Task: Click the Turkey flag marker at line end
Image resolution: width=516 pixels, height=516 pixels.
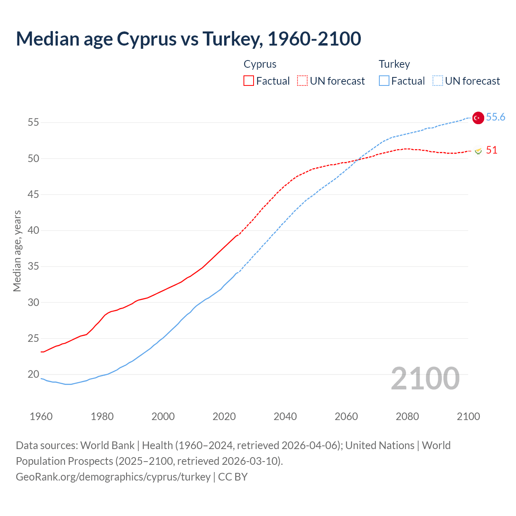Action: click(x=478, y=118)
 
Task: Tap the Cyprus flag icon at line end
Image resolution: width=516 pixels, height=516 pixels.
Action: click(x=478, y=151)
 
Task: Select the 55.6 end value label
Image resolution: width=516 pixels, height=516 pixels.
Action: click(x=495, y=117)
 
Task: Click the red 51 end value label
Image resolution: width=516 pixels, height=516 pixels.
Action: click(x=491, y=150)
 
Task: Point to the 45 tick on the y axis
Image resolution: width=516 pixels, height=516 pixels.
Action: click(x=33, y=195)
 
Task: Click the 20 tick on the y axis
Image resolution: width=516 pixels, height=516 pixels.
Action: click(x=33, y=375)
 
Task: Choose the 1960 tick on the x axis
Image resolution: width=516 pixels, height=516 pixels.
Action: click(x=41, y=416)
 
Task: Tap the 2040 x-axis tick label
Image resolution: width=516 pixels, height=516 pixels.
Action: click(x=285, y=416)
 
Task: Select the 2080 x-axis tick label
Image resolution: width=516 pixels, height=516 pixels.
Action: click(x=407, y=416)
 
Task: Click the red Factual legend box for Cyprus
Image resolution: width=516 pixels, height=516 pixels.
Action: click(x=249, y=81)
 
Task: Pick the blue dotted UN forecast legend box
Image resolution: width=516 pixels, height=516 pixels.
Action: click(x=438, y=81)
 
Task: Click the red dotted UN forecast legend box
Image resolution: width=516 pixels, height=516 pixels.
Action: click(x=302, y=81)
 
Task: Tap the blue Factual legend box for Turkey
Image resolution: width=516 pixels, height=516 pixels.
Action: click(x=384, y=81)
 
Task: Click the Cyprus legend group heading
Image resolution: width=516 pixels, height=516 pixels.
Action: click(x=260, y=64)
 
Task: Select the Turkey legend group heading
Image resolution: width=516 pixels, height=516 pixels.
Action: click(x=394, y=64)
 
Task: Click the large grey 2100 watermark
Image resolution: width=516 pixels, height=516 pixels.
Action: click(x=425, y=379)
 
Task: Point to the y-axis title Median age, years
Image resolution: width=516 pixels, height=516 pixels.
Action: click(x=17, y=251)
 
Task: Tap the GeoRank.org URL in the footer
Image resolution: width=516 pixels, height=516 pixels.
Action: click(x=113, y=477)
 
